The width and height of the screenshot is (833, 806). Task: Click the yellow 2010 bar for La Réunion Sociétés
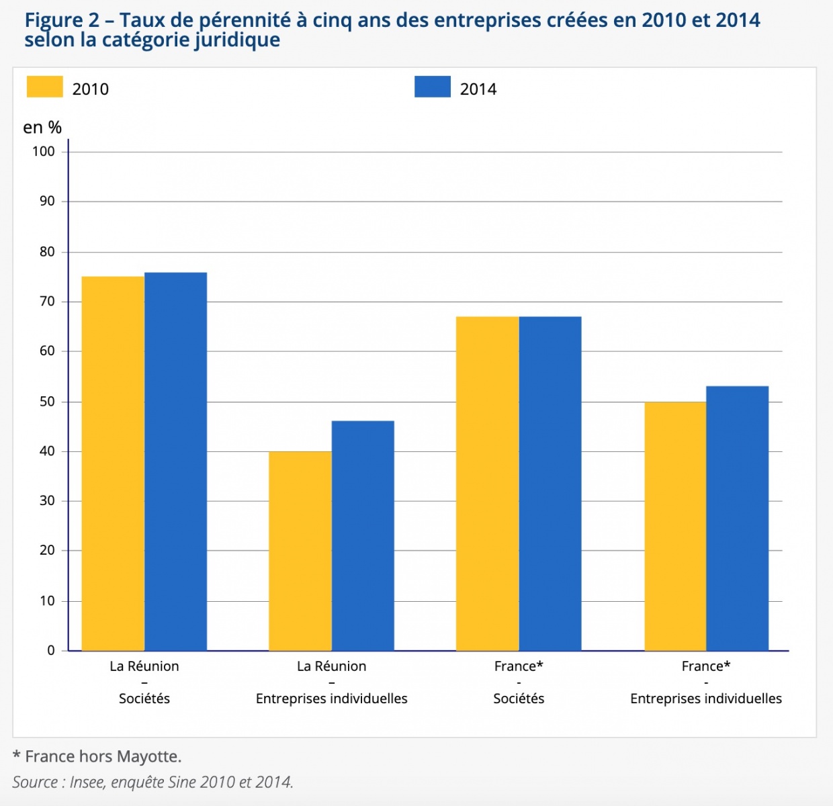tap(113, 463)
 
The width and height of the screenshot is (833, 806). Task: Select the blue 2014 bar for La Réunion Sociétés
tap(175, 461)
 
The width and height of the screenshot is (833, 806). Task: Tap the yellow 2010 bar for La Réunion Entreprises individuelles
tap(300, 551)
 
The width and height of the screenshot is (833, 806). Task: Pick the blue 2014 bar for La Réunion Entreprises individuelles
tap(363, 535)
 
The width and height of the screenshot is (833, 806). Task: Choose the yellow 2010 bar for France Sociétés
tap(487, 484)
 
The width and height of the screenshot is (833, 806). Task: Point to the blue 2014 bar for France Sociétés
tap(550, 484)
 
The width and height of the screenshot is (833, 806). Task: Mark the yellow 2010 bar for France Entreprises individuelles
tap(675, 526)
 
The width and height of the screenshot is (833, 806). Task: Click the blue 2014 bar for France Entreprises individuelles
tap(737, 518)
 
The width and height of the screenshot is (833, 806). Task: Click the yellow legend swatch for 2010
tap(44, 87)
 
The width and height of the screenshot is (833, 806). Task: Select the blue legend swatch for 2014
tap(433, 87)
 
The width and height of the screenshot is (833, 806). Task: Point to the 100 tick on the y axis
tap(44, 152)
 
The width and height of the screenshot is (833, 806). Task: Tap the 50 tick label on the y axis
tap(47, 402)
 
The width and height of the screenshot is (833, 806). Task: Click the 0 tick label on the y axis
tap(51, 650)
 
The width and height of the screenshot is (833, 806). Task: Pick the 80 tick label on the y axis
tap(47, 252)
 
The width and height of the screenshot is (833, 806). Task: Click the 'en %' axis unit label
tap(42, 128)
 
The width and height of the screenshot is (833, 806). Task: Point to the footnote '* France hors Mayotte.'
tap(97, 756)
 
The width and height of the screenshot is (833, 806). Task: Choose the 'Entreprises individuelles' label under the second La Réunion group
tap(331, 699)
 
